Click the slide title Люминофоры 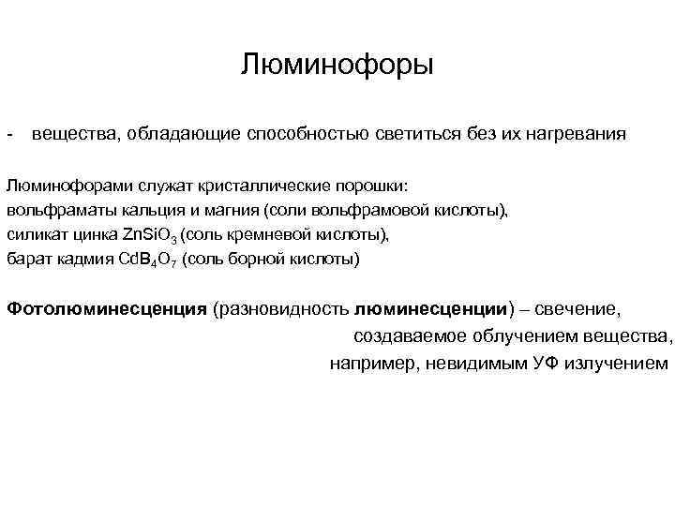pyautogui.click(x=337, y=66)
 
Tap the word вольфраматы pyautogui.click(x=52, y=210)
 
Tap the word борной pyautogui.click(x=253, y=259)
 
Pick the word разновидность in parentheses pyautogui.click(x=284, y=308)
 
